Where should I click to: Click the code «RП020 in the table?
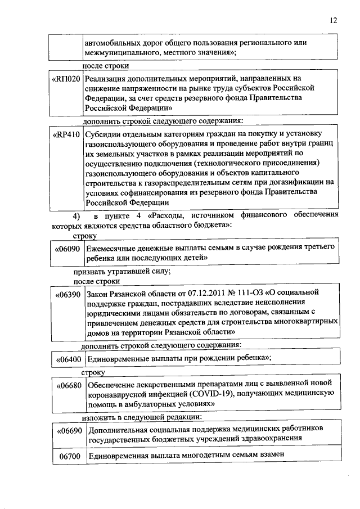66,79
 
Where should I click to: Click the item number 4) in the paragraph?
69,215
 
